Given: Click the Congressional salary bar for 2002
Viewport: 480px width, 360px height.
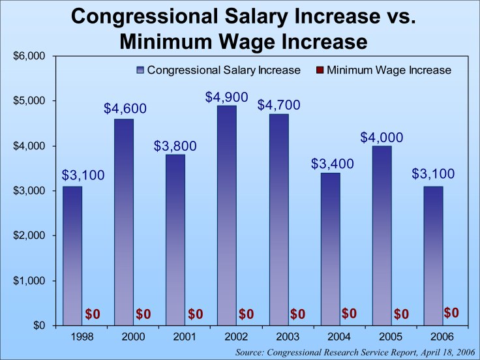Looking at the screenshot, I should point(226,215).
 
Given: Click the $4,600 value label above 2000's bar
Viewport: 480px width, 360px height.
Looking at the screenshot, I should point(125,108).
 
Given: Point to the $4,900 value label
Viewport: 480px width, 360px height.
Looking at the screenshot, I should point(226,97).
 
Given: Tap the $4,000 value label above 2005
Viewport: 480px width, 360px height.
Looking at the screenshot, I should point(382,138).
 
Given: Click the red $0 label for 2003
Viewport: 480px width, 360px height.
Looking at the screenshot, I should point(297,314).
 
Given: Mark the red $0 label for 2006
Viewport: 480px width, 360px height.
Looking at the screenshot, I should point(451,313).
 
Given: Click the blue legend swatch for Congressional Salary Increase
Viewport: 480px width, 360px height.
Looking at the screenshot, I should point(140,70).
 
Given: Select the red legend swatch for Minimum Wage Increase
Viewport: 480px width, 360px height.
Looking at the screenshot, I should point(319,70).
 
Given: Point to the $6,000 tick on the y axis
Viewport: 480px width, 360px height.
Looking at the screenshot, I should point(29,56).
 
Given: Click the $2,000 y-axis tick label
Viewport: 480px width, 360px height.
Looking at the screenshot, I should point(29,235).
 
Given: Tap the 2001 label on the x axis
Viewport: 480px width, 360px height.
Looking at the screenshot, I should point(175,337).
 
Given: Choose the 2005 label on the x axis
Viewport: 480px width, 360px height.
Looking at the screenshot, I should point(381,337).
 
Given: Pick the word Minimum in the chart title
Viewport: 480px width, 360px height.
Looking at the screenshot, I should point(169,42).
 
